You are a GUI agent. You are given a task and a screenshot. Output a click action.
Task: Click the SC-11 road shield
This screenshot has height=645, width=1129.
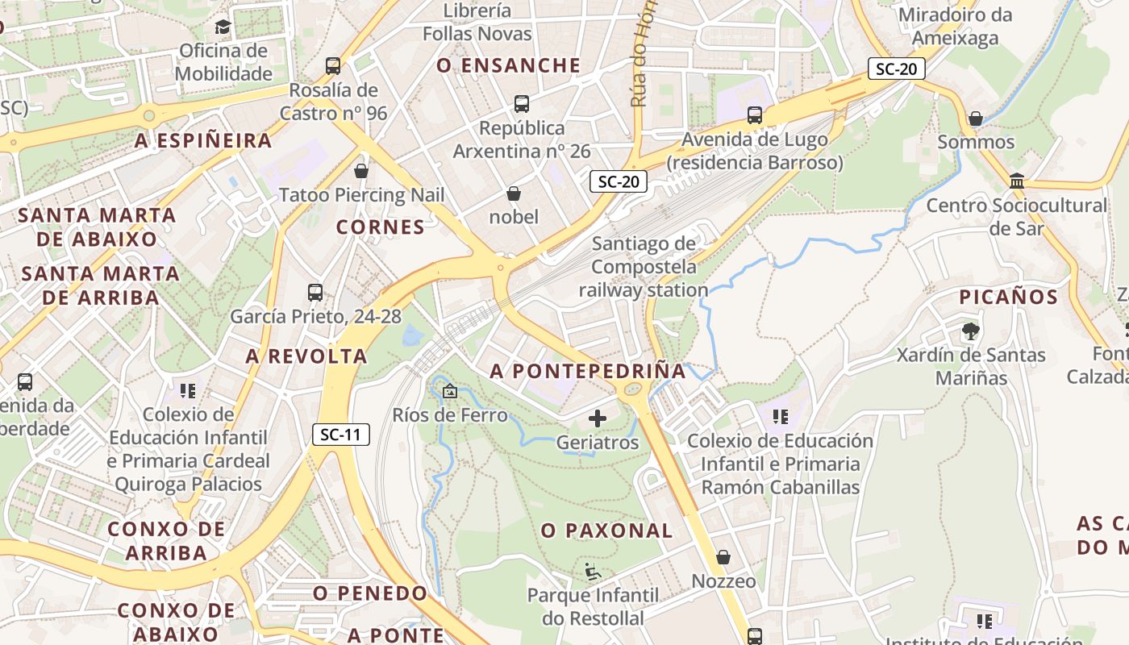pyautogui.click(x=341, y=435)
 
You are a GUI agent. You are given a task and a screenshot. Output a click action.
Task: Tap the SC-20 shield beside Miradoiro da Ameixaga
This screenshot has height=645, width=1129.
pyautogui.click(x=896, y=69)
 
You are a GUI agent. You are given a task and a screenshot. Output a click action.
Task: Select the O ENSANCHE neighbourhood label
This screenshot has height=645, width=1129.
pyautogui.click(x=508, y=66)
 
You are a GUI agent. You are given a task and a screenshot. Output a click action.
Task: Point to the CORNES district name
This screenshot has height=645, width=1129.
pyautogui.click(x=381, y=227)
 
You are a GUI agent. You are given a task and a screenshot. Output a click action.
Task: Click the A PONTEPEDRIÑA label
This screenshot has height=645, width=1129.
pyautogui.click(x=588, y=371)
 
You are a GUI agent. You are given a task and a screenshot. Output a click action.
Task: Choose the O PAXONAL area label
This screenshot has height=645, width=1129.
pyautogui.click(x=606, y=531)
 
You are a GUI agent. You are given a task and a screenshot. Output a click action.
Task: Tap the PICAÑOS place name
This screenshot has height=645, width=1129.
pyautogui.click(x=1008, y=297)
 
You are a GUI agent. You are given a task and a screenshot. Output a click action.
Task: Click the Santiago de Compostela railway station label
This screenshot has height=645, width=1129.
pyautogui.click(x=644, y=267)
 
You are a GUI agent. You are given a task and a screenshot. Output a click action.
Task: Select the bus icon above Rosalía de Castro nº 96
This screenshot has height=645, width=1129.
pyautogui.click(x=333, y=66)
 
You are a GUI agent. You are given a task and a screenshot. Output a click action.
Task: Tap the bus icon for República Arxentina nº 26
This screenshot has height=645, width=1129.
pyautogui.click(x=522, y=104)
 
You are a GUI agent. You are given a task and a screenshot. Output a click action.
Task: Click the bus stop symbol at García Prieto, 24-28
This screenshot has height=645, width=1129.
pyautogui.click(x=315, y=293)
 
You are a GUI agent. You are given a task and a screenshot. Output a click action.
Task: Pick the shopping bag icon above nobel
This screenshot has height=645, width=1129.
pyautogui.click(x=514, y=193)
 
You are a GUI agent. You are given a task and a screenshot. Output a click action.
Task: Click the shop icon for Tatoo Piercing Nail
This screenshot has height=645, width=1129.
pyautogui.click(x=361, y=171)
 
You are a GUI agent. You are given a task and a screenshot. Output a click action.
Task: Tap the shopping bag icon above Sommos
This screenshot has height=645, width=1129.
pyautogui.click(x=976, y=119)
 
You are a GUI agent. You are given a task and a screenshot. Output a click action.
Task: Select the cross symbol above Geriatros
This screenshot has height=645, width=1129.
pyautogui.click(x=598, y=418)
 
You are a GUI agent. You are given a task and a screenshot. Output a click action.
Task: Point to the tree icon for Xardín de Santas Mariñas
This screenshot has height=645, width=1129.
pyautogui.click(x=971, y=331)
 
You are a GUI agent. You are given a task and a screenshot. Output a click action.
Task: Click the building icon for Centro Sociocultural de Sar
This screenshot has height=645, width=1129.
pyautogui.click(x=1016, y=181)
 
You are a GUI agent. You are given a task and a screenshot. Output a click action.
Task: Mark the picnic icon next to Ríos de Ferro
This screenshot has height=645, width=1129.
pyautogui.click(x=450, y=392)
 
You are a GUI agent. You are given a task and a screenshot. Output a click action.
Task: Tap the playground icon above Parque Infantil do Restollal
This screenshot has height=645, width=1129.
pyautogui.click(x=593, y=572)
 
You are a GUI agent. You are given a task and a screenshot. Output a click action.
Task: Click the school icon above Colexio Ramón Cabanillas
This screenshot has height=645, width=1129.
pyautogui.click(x=780, y=417)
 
